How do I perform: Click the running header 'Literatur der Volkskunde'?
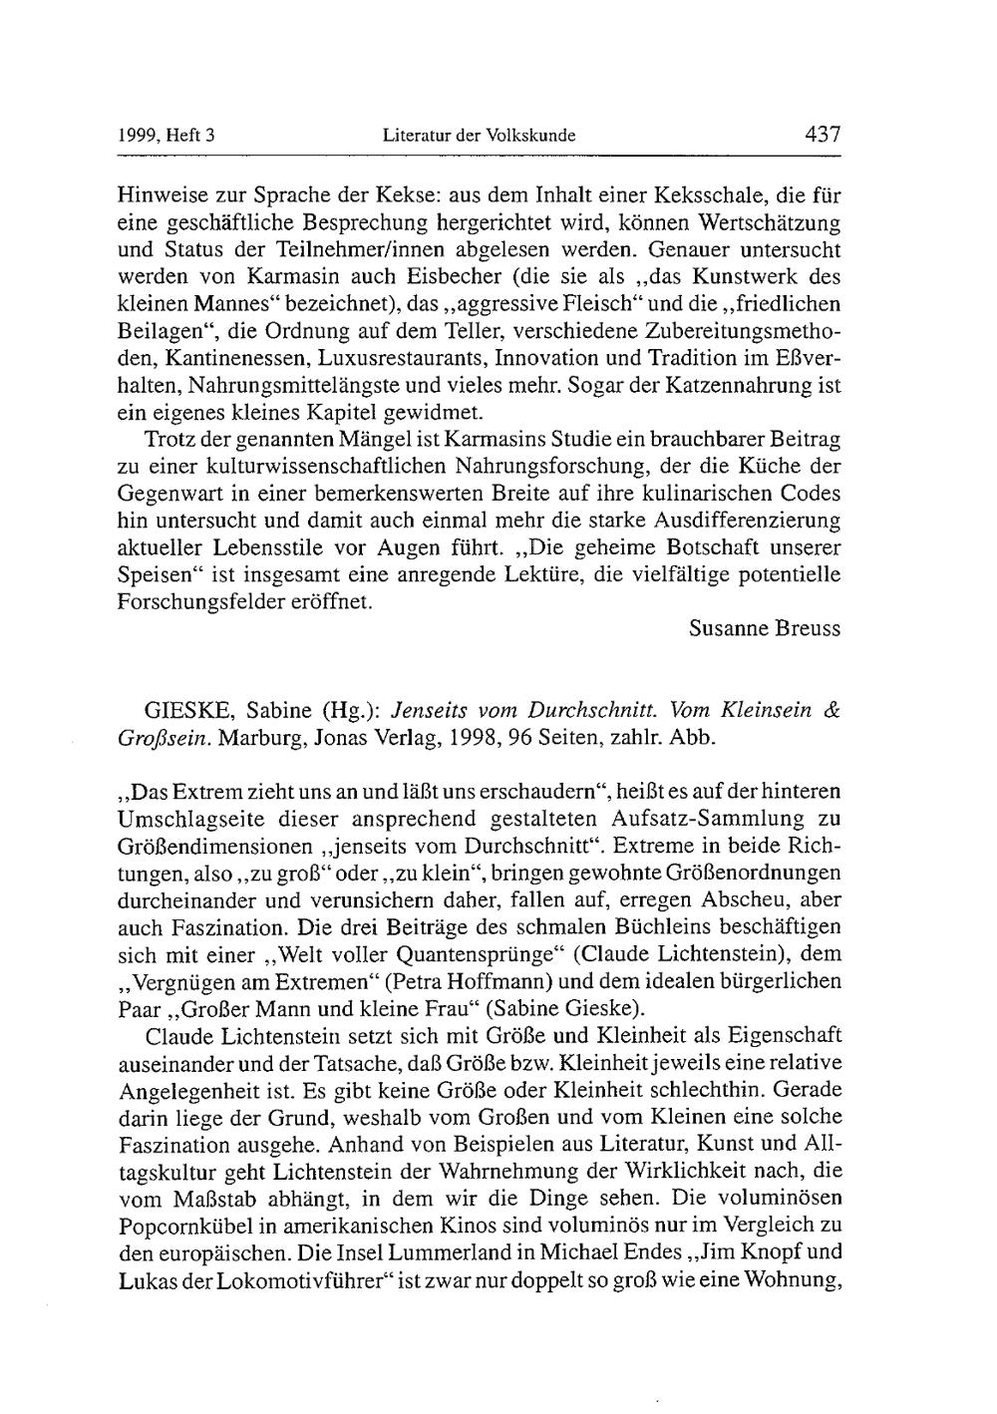click(x=480, y=136)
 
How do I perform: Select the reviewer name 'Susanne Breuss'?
click(x=765, y=628)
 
